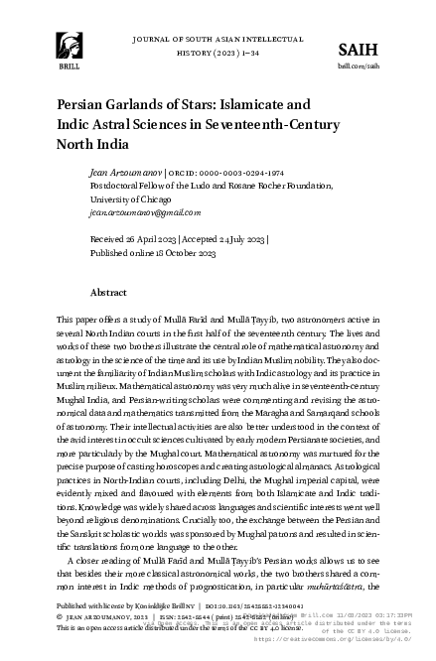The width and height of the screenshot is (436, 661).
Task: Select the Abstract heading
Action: tap(108, 294)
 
